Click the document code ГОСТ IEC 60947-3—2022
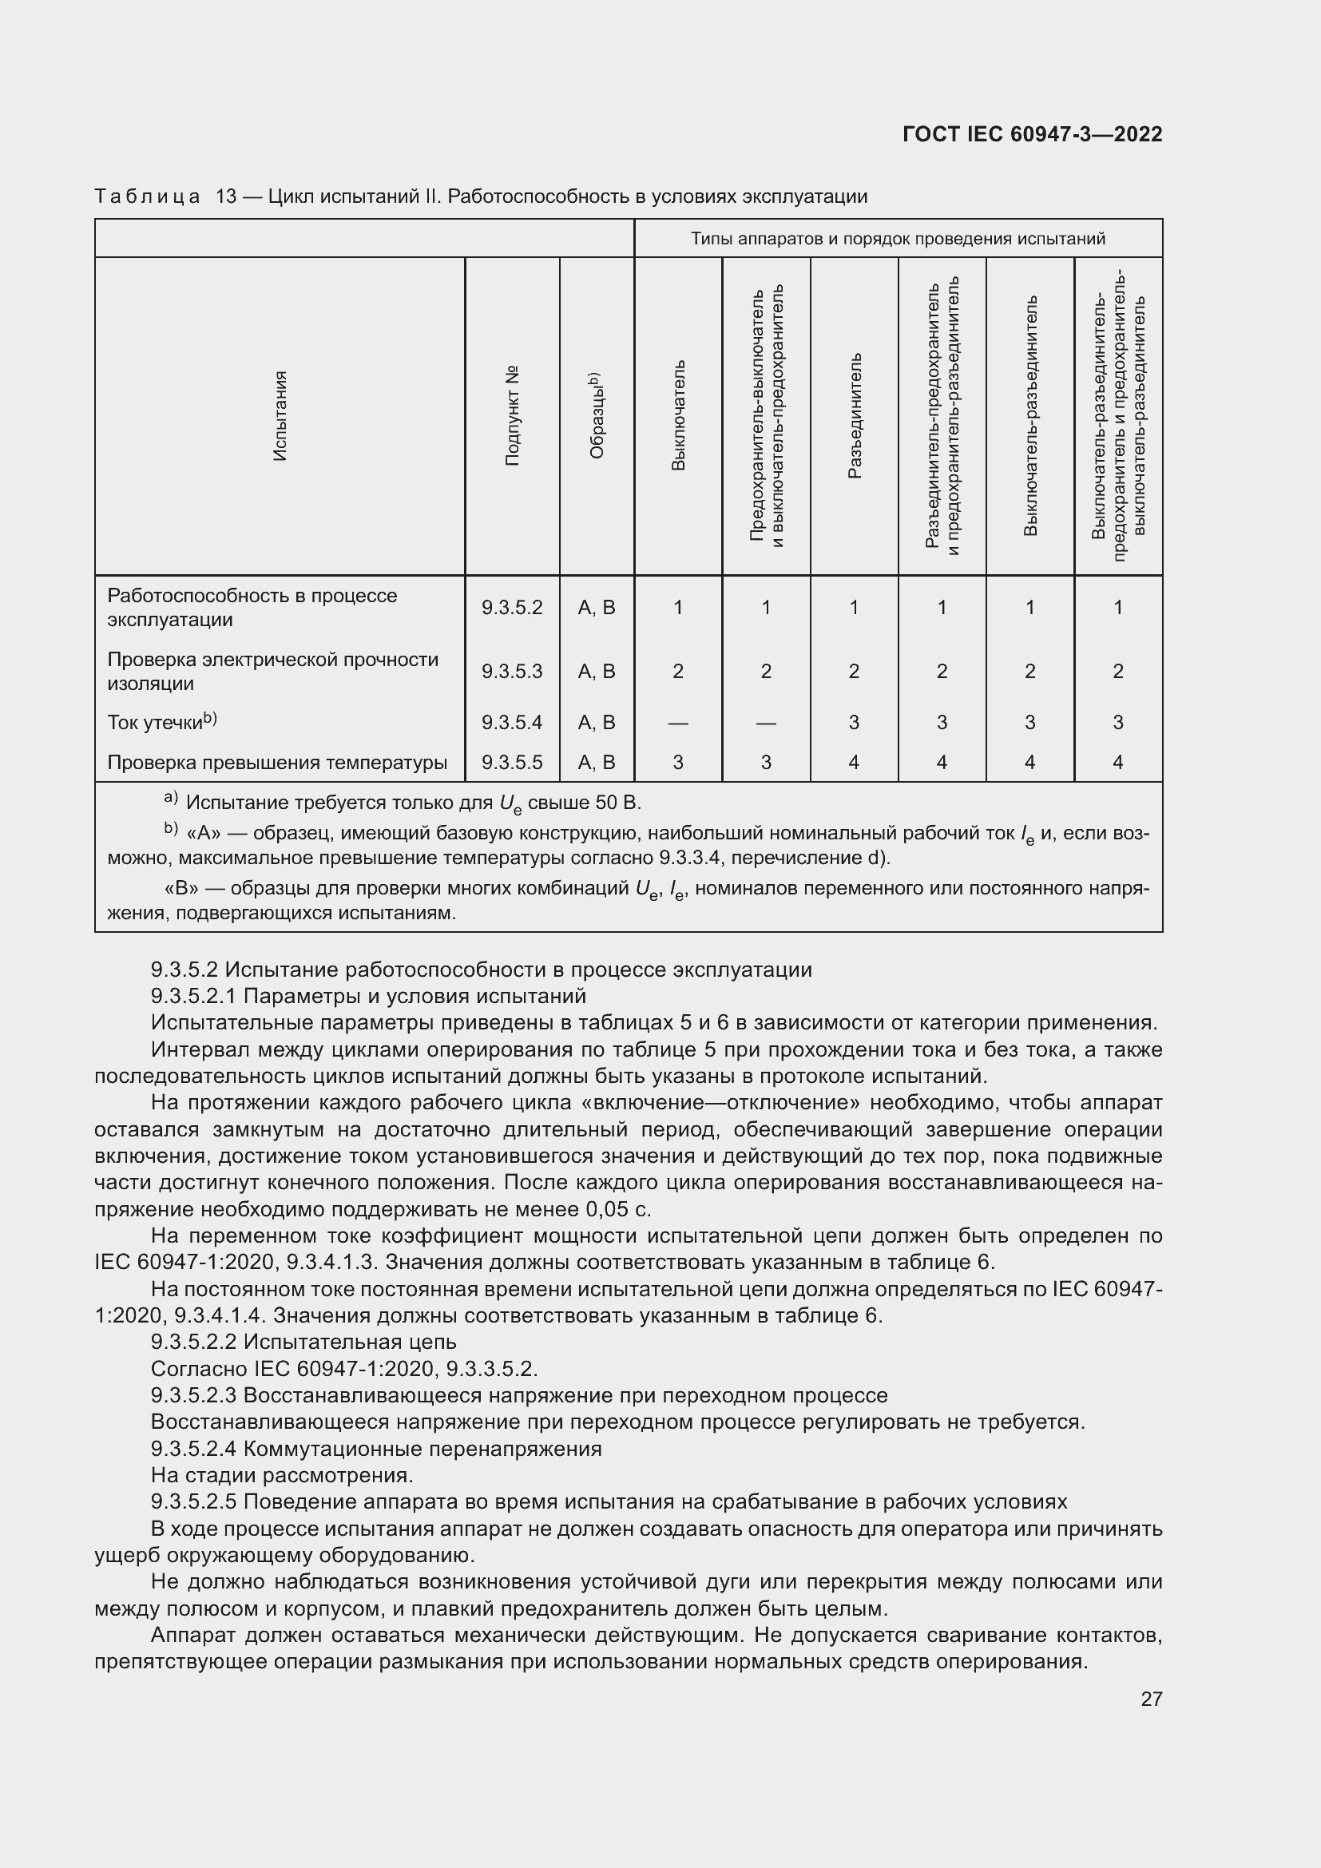[1031, 134]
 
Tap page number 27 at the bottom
[1151, 1699]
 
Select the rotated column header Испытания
[280, 416]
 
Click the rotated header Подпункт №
[512, 416]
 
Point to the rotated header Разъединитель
[854, 416]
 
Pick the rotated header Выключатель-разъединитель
[1029, 416]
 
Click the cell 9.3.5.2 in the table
[512, 607]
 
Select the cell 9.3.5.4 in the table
[512, 723]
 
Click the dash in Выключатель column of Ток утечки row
[677, 723]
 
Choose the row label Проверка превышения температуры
[276, 763]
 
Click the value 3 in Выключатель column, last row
[677, 763]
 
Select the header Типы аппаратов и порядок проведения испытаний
[897, 238]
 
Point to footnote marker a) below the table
[170, 798]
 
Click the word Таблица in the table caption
[147, 196]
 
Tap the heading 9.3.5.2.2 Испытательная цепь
[303, 1342]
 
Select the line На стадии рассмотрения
[281, 1474]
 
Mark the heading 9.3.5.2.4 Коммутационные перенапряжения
[376, 1448]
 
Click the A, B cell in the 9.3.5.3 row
[597, 671]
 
